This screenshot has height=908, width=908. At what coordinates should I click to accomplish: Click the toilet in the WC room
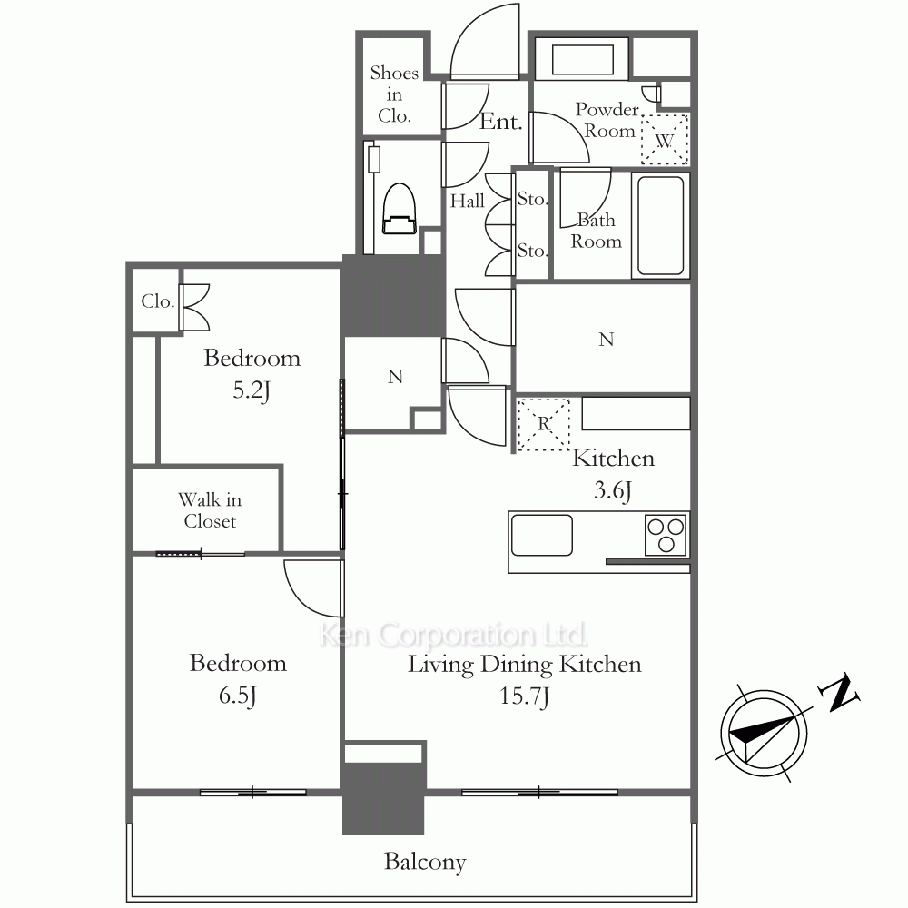(x=399, y=209)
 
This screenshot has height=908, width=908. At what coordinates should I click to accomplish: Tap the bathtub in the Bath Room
(x=660, y=225)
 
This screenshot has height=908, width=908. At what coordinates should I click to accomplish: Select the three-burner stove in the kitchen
(x=666, y=536)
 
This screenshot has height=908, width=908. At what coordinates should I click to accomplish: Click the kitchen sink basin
(x=542, y=536)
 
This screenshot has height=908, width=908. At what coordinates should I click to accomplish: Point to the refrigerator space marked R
(x=543, y=424)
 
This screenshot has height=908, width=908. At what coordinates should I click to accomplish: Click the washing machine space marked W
(x=665, y=140)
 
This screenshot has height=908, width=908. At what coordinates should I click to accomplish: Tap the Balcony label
(x=425, y=862)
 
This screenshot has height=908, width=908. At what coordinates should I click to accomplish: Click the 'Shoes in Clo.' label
(x=394, y=94)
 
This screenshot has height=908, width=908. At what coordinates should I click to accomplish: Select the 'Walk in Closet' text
(x=210, y=510)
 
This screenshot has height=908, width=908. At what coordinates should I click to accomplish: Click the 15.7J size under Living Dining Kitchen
(x=524, y=696)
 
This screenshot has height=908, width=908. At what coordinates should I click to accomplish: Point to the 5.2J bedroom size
(x=252, y=390)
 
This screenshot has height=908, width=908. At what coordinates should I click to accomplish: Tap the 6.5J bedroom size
(x=237, y=695)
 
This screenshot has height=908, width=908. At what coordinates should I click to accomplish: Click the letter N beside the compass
(x=838, y=692)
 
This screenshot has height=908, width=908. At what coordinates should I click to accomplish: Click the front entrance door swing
(x=485, y=41)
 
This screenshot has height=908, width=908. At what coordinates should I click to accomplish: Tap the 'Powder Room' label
(x=607, y=120)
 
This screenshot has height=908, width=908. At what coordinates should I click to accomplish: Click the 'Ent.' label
(x=501, y=122)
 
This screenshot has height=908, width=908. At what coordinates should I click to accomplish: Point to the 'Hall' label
(x=468, y=201)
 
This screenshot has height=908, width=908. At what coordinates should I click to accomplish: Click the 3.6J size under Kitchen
(x=613, y=490)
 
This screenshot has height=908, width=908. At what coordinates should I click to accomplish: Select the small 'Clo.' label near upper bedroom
(x=157, y=301)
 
